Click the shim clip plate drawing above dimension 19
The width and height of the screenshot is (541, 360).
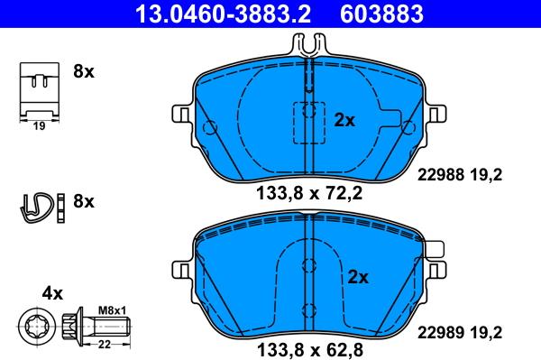click(x=38, y=89)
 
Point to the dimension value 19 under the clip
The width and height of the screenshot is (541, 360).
click(x=38, y=127)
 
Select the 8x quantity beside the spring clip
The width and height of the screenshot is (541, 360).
click(x=83, y=201)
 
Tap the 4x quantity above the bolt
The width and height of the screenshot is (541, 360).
click(x=52, y=293)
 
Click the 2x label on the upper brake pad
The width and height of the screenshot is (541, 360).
click(x=344, y=119)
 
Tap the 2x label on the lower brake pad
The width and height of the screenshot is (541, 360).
click(x=358, y=277)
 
